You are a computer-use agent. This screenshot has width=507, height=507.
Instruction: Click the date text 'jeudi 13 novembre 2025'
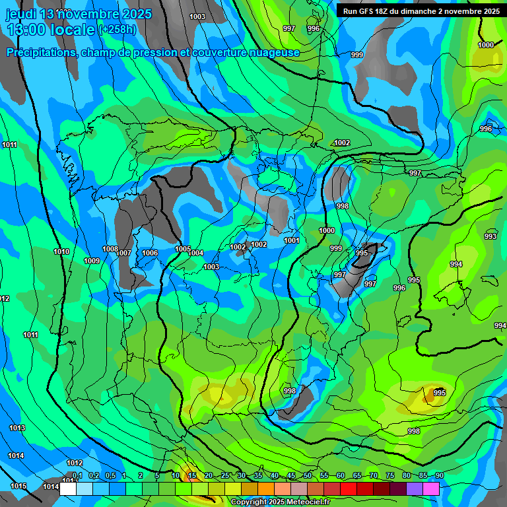tap(79, 14)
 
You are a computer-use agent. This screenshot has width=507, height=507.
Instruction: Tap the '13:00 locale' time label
tap(51, 29)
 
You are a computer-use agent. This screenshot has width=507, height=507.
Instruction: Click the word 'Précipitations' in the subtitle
tap(40, 52)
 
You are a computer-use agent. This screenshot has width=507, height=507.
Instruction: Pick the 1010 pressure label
tap(61, 252)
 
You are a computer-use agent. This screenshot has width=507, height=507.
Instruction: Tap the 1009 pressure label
tap(92, 261)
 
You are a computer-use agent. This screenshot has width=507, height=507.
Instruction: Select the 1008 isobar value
tap(110, 249)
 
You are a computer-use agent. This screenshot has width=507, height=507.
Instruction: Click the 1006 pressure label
tap(150, 253)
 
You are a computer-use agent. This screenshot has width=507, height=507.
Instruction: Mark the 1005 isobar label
tap(183, 249)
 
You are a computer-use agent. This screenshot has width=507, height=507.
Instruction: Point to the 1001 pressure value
tap(292, 241)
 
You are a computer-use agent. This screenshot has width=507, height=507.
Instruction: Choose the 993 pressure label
tap(490, 236)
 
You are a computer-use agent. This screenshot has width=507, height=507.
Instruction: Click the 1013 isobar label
tap(17, 428)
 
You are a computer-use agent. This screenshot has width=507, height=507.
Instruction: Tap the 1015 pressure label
tap(18, 486)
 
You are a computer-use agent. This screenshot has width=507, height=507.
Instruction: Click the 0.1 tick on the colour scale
tap(77, 476)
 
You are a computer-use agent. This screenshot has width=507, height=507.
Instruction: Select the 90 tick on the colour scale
tap(439, 476)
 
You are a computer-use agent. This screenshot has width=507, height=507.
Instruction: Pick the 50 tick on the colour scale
tap(308, 476)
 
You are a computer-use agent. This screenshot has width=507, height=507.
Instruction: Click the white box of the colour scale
tap(67, 489)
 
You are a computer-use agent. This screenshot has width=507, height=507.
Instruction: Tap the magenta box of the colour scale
tap(431, 489)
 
